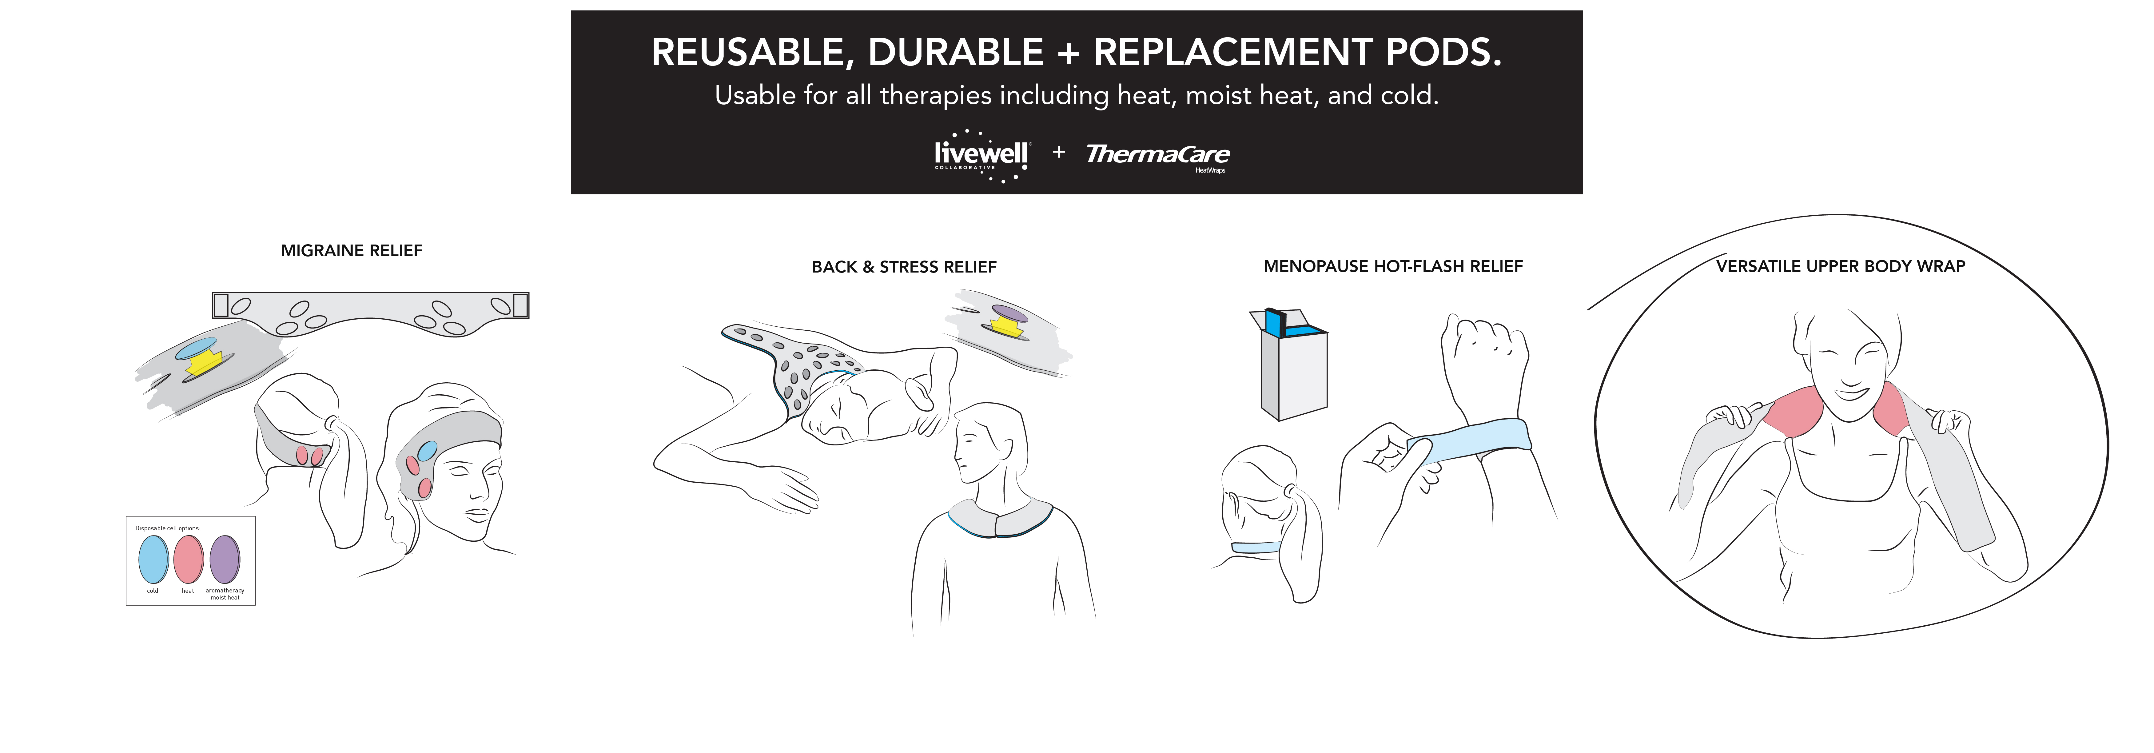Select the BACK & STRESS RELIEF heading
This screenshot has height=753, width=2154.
click(x=904, y=267)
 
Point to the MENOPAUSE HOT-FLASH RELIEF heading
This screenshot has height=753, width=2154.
click(x=1393, y=266)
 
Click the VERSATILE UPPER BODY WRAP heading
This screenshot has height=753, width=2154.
click(x=1841, y=266)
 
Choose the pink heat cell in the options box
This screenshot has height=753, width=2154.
click(x=189, y=560)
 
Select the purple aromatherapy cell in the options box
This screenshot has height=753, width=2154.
click(x=225, y=560)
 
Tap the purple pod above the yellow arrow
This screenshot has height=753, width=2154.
click(x=1010, y=314)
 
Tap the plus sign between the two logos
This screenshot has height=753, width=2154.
click(x=1059, y=152)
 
